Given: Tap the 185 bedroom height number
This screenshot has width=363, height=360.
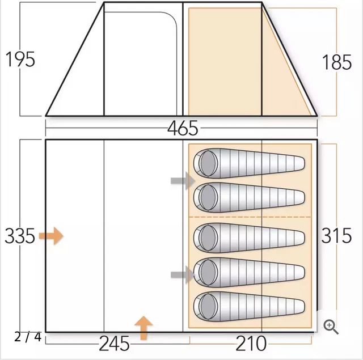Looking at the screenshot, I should coord(337,62).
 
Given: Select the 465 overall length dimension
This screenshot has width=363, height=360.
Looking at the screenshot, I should coord(183,129).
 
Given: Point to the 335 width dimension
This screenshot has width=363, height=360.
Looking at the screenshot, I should coord(20,235).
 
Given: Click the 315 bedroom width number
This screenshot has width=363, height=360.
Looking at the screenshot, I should coord(337,235).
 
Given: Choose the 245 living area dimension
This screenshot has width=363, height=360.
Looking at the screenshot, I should coord(115,344).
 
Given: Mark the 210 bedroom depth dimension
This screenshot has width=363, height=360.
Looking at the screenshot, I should coord(251,344).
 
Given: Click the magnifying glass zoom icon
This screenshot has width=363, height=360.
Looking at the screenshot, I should coord(331,327).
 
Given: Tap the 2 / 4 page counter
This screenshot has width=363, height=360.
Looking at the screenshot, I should coord(28,337).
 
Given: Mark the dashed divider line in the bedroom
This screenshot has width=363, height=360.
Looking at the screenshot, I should coord(250,217).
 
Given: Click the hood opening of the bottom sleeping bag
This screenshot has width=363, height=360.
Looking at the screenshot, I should coord(206,306).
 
